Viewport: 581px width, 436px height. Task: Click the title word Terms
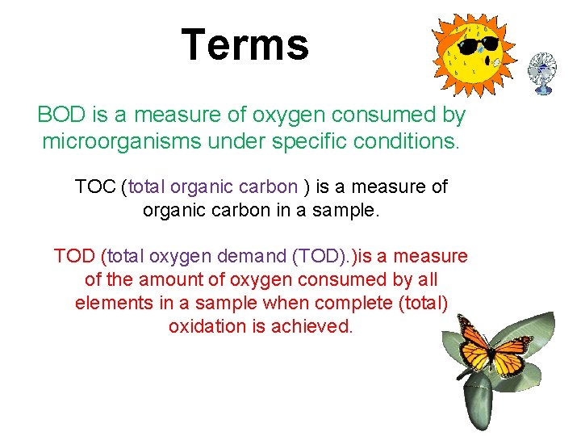245,44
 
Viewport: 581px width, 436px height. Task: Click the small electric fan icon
542,72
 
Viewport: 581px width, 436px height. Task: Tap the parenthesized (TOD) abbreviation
316,257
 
